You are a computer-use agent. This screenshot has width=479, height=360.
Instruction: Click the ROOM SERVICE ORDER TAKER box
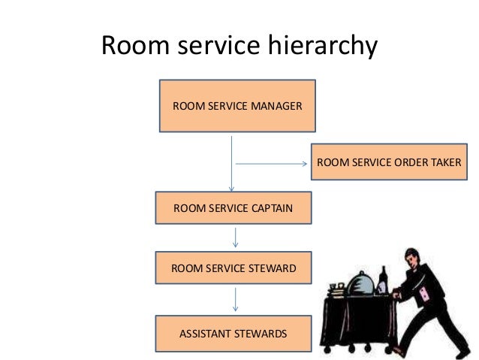tap(389, 162)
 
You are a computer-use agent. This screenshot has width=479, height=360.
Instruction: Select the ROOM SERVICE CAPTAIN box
tap(233, 208)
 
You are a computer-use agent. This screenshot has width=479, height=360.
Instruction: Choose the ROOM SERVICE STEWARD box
tap(234, 268)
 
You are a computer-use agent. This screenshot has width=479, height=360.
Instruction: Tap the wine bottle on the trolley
tap(384, 280)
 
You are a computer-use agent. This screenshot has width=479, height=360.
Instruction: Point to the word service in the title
tap(218, 47)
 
